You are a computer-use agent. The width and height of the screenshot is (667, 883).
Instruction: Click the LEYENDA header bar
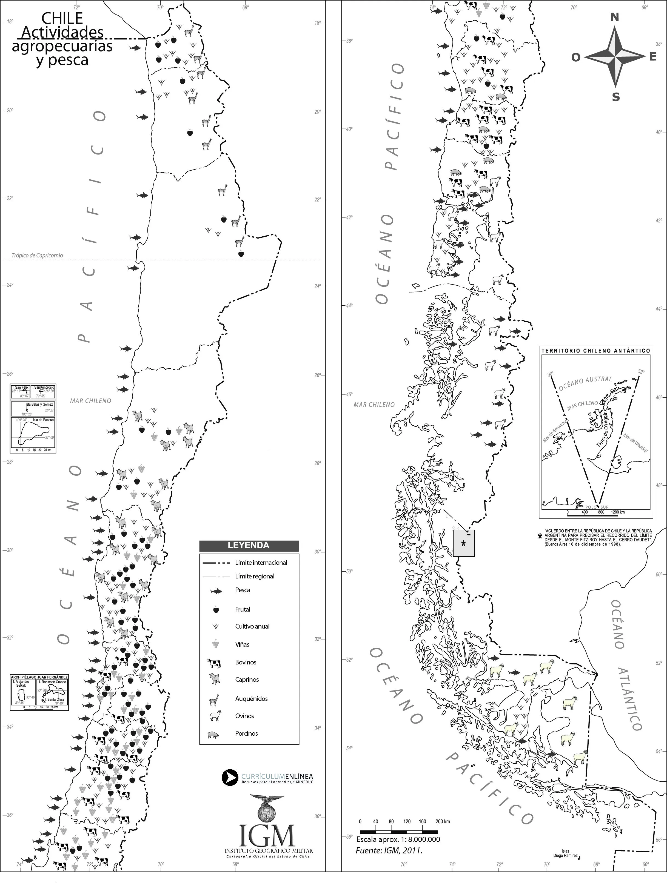tap(249, 545)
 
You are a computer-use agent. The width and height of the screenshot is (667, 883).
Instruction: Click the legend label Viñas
tap(242, 644)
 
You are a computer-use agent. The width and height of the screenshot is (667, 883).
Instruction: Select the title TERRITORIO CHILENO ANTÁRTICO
tap(595, 351)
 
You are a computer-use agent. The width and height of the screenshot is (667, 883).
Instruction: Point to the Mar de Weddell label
tap(635, 443)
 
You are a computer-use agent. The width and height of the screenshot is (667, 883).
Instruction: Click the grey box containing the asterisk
tap(464, 543)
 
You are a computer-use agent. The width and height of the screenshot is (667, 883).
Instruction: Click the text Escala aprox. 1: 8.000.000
tap(398, 839)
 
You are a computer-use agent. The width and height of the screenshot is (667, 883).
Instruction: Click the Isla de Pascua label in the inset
tap(44, 420)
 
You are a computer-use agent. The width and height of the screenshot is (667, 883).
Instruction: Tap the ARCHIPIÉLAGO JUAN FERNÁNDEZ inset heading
tap(39, 677)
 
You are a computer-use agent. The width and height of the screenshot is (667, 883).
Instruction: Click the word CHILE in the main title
tap(62, 18)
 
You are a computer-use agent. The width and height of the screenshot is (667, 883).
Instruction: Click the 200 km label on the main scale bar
tap(443, 822)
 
